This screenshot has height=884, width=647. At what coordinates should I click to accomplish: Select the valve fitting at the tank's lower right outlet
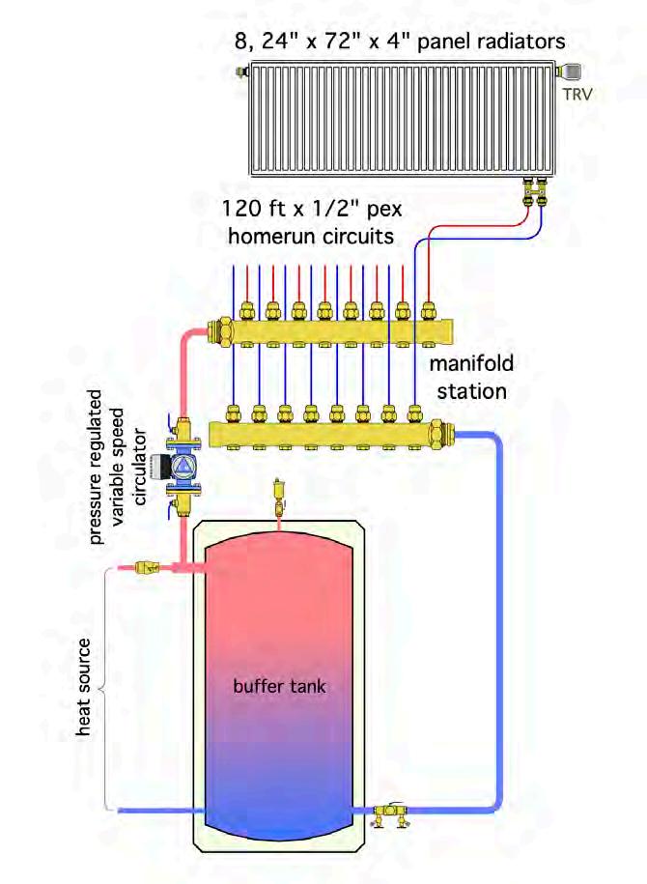point(392,810)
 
